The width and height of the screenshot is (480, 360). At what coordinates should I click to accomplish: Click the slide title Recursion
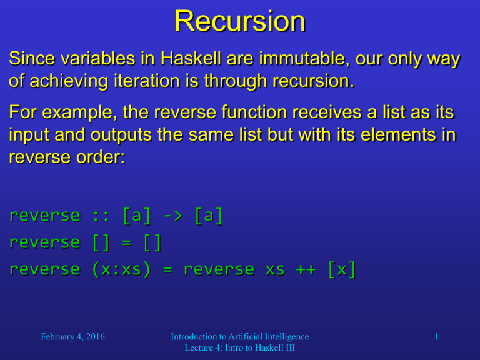click(240, 21)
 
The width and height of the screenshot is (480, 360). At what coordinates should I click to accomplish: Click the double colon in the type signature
click(101, 216)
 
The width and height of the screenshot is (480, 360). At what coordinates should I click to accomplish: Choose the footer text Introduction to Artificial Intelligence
click(240, 337)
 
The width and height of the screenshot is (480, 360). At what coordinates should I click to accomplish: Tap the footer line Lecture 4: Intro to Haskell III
click(240, 349)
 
